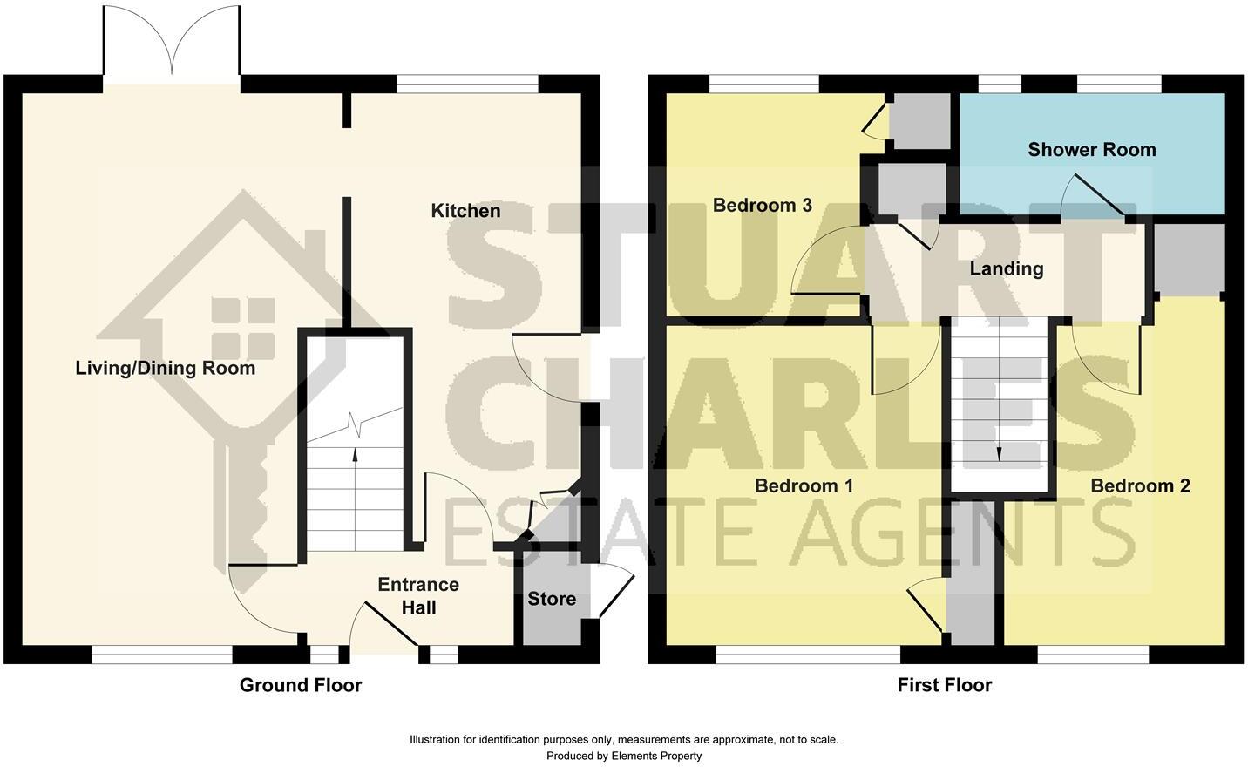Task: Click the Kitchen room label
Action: (465, 211)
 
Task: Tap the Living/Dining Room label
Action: (166, 368)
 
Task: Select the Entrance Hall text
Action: (418, 595)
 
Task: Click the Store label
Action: (552, 599)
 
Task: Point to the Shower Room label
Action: (1091, 149)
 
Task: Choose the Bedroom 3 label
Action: (762, 205)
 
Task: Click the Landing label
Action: (1007, 268)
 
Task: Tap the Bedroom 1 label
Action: (804, 485)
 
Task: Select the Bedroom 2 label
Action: (1140, 485)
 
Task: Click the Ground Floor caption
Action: (301, 685)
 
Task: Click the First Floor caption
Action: (945, 685)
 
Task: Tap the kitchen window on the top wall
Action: (467, 84)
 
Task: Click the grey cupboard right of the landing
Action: (1190, 259)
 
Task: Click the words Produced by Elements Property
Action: (624, 756)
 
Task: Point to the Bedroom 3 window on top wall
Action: (763, 84)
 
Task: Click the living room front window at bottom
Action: (162, 654)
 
